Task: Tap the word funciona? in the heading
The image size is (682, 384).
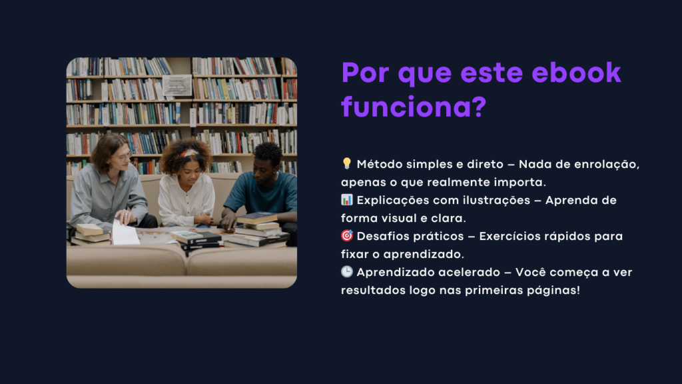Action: point(414,107)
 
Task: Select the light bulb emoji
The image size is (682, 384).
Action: point(346,163)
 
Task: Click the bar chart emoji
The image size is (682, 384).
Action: point(346,199)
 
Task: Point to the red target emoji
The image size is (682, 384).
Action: point(346,235)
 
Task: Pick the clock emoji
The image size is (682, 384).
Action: point(346,272)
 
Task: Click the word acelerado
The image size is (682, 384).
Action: point(469,272)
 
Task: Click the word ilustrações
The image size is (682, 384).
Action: point(496,200)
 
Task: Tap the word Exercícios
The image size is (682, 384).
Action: point(508,237)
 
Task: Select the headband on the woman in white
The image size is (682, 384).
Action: point(190,153)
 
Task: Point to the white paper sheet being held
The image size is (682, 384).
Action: point(125,233)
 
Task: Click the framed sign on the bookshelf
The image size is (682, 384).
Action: point(177,85)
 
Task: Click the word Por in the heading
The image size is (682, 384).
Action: point(366,72)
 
